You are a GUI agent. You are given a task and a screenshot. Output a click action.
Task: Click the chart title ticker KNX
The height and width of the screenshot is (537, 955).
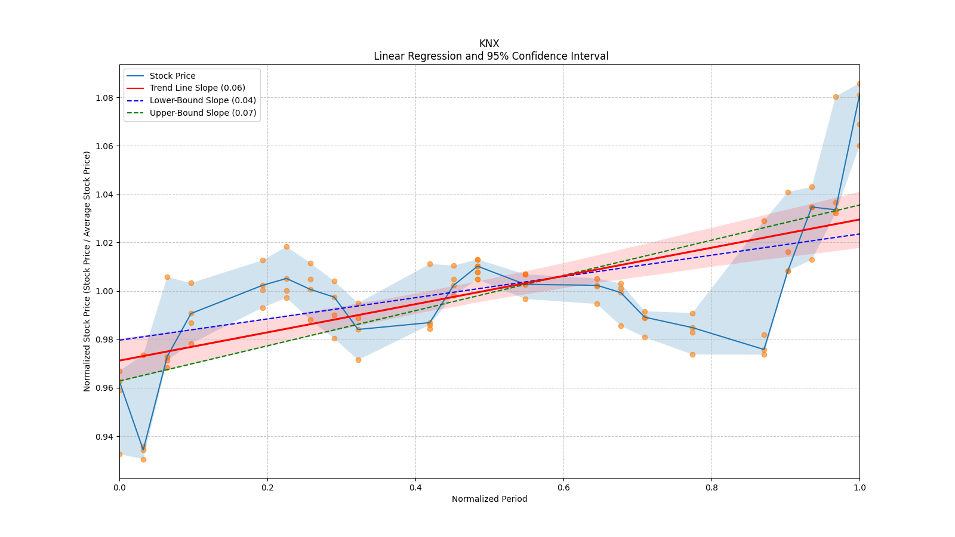click(x=489, y=44)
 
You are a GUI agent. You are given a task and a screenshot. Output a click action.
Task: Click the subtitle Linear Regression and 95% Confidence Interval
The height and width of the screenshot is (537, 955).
click(x=491, y=56)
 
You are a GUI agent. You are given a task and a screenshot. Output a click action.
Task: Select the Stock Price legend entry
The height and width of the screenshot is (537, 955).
click(x=172, y=76)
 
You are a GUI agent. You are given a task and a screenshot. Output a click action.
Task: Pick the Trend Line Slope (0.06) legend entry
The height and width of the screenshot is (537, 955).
click(x=197, y=88)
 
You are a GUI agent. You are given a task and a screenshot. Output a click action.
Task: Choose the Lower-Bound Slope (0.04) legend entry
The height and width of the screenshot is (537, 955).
click(x=202, y=100)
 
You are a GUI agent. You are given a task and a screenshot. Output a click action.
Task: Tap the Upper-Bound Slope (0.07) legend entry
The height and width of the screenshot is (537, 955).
click(x=202, y=113)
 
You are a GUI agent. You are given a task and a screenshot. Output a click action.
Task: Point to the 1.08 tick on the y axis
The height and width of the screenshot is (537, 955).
click(x=105, y=98)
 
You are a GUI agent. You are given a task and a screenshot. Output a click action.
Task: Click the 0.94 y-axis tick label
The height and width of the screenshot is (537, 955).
click(x=105, y=437)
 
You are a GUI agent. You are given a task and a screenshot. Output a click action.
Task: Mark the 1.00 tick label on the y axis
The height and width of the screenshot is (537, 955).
click(x=105, y=291)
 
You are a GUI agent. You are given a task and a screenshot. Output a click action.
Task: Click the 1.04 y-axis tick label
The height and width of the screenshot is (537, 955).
click(x=105, y=195)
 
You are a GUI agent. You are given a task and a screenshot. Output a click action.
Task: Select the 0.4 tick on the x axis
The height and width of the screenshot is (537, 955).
click(x=415, y=487)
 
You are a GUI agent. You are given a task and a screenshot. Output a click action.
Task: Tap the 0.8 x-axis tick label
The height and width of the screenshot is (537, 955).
click(x=711, y=487)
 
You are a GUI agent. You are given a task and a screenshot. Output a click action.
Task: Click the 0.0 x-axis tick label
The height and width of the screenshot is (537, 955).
click(x=119, y=487)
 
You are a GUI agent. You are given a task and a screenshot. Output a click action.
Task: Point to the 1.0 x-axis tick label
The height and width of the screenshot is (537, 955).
click(x=860, y=487)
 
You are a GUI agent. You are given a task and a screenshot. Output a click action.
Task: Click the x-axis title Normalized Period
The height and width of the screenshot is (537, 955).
click(x=489, y=499)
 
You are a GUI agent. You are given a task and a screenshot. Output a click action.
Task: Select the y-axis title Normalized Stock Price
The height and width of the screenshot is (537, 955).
click(x=87, y=271)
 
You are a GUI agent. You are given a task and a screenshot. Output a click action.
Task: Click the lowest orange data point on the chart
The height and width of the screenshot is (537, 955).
click(x=143, y=459)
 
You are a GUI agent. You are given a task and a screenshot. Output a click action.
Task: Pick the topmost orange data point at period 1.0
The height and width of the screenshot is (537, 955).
click(x=860, y=84)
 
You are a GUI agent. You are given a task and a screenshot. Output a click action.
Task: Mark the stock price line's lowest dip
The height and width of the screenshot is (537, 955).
click(x=143, y=447)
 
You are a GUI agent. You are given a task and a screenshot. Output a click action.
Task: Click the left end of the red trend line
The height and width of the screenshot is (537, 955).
click(x=120, y=360)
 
